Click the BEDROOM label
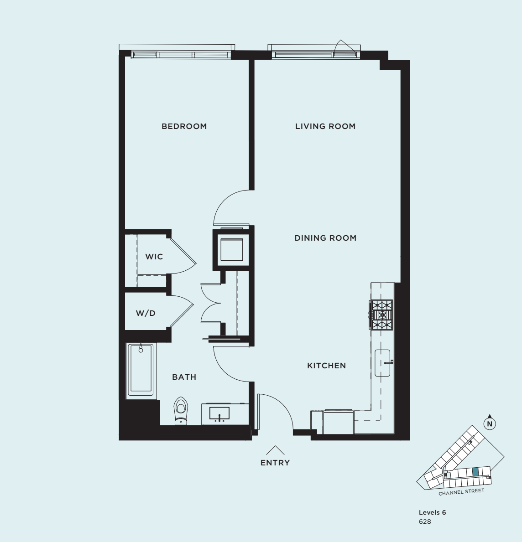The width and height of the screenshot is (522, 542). click(184, 126)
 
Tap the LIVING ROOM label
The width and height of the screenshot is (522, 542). click(325, 126)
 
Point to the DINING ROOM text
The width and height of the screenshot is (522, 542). click(325, 238)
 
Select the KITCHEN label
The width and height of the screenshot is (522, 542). click(326, 366)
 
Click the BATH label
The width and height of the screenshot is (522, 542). click(184, 377)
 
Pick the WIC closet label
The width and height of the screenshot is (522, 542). click(154, 257)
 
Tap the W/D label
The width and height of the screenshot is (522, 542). click(146, 313)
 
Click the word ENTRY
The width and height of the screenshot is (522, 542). click(275, 463)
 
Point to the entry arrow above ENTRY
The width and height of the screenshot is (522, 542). click(275, 450)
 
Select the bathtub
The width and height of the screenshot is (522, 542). click(141, 369)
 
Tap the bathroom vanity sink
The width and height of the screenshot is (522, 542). click(220, 413)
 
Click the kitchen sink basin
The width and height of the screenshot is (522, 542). click(382, 363)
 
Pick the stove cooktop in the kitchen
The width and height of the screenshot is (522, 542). click(381, 315)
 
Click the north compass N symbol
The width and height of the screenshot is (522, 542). click(490, 424)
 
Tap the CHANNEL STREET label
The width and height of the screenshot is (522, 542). click(461, 492)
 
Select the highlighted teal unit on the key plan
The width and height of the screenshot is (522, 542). click(475, 472)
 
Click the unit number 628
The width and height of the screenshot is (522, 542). click(424, 521)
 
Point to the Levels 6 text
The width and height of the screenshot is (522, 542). click(432, 512)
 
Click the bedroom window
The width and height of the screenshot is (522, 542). click(180, 55)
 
